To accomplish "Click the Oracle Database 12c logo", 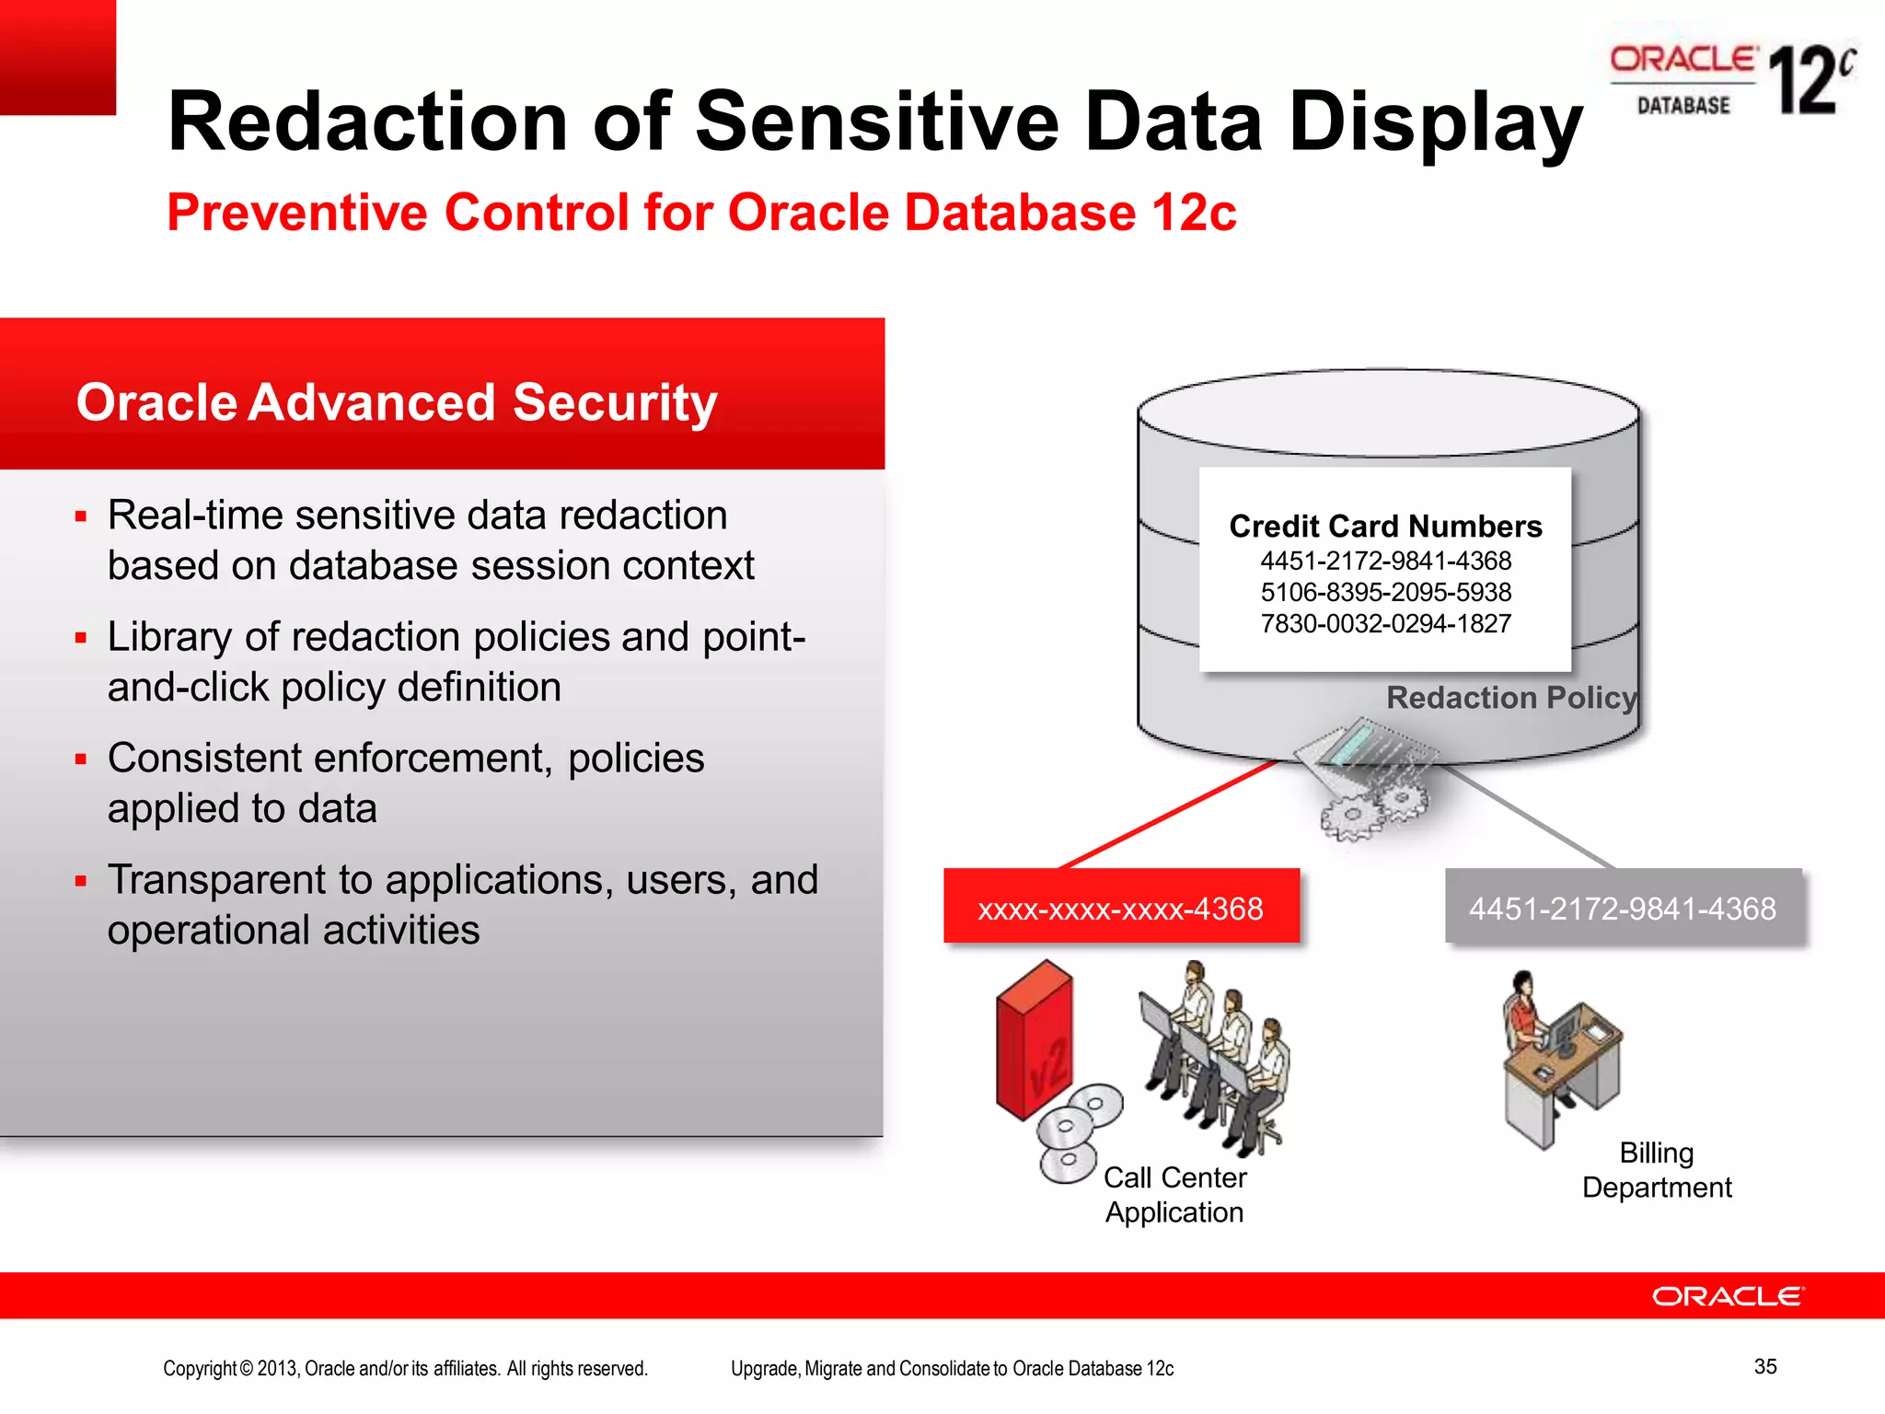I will [1730, 81].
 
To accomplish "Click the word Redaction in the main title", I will [367, 122].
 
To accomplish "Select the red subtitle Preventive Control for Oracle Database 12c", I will [701, 213].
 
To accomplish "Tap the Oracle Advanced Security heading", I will [396, 402].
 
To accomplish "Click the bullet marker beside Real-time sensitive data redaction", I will [81, 516].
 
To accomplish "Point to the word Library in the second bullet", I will [168, 637].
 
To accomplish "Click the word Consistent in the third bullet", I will [218, 759].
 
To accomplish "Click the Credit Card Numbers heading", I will [1385, 526].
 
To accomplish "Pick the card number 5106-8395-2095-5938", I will [1385, 592].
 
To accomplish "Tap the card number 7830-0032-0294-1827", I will [1385, 624].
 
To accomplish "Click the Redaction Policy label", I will [1511, 698].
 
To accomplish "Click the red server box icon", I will [1035, 1040].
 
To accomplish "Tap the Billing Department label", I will [1657, 1170].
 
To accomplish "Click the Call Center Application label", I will [1174, 1195].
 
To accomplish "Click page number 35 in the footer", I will [1764, 1366].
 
